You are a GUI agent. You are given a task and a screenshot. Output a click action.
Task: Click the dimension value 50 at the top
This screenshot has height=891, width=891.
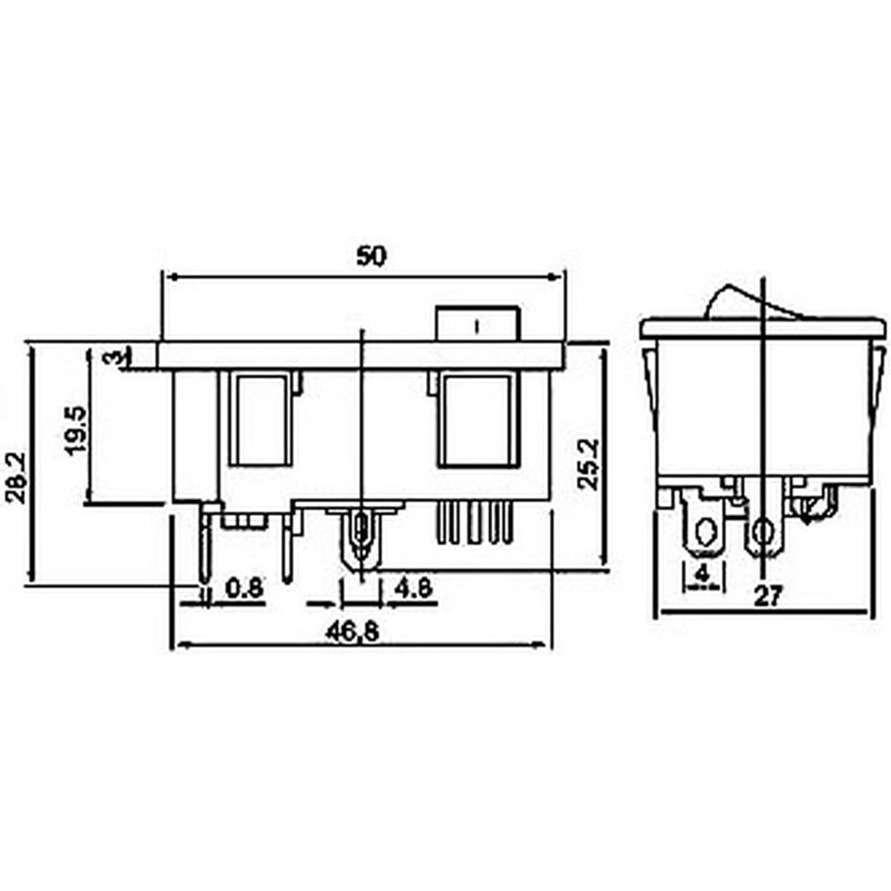click(371, 257)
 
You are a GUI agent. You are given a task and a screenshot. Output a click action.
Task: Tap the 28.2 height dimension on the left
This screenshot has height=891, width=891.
click(16, 478)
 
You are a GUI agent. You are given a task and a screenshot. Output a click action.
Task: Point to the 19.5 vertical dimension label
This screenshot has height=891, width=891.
click(77, 429)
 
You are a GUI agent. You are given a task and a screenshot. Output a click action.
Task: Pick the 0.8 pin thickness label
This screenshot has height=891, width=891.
click(245, 588)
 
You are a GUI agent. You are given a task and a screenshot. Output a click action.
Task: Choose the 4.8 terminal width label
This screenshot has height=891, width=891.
click(413, 588)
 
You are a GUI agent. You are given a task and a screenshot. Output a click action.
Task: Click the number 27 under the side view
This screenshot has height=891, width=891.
click(768, 597)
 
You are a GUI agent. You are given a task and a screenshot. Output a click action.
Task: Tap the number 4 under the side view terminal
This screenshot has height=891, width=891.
click(703, 573)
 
